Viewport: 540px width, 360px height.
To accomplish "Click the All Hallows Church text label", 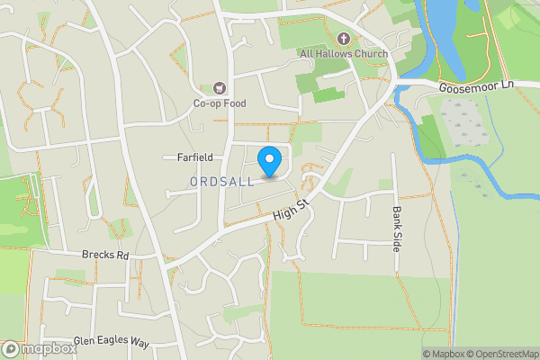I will click(x=344, y=54).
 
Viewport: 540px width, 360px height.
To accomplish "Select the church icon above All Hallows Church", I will click(x=344, y=39).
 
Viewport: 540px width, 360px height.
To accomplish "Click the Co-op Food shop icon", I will click(x=219, y=88).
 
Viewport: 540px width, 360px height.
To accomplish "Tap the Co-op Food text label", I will click(x=219, y=103).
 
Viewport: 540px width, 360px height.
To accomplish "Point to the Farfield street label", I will click(x=193, y=157).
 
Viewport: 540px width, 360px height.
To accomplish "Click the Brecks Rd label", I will click(x=105, y=256).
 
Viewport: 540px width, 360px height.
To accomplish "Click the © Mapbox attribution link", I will click(x=445, y=354).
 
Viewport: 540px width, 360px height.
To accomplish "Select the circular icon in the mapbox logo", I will click(x=11, y=349).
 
